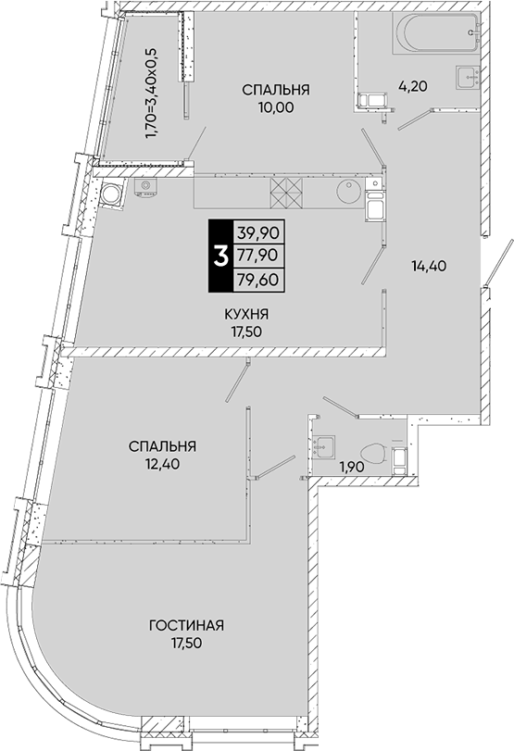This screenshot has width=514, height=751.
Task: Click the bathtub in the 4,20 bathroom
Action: coord(435,33)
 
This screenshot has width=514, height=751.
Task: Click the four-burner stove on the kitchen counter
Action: coord(288,193)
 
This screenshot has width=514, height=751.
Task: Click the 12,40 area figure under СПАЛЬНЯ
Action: coord(162,463)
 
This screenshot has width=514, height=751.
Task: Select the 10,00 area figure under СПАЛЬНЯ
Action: coord(275,106)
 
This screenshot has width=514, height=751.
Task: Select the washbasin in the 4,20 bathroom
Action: coord(464,76)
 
